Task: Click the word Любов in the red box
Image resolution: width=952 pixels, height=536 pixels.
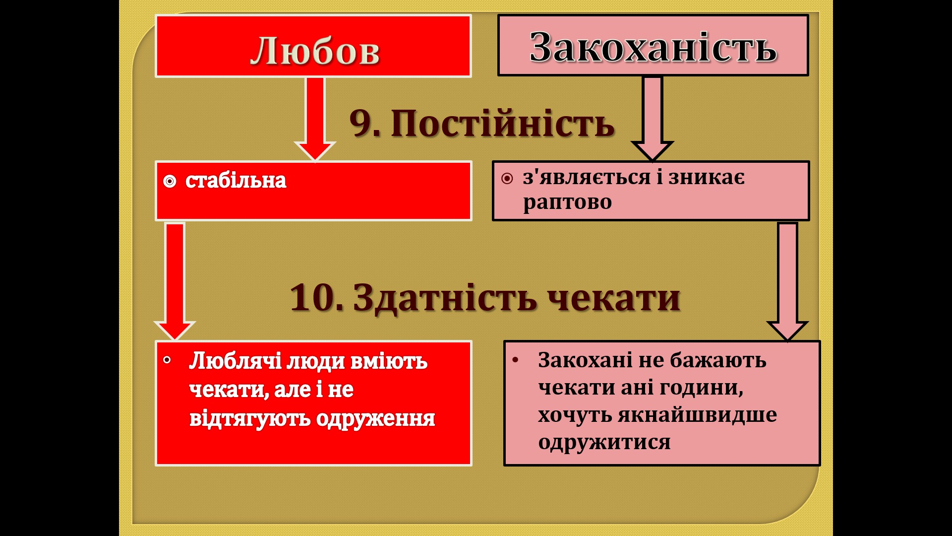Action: (x=315, y=51)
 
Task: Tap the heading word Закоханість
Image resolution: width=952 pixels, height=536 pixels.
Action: (x=653, y=47)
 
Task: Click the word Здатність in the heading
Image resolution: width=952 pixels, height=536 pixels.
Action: (x=445, y=298)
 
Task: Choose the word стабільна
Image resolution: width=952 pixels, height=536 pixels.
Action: (x=236, y=181)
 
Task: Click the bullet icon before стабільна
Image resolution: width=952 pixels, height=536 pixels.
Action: (x=170, y=182)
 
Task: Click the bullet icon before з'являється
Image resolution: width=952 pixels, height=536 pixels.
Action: (x=507, y=179)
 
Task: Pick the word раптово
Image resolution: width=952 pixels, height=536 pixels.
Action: (x=567, y=202)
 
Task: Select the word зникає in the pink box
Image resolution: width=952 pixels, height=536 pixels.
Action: (x=707, y=177)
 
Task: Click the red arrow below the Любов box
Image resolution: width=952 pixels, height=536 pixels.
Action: (x=315, y=119)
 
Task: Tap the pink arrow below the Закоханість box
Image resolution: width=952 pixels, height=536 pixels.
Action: (x=653, y=119)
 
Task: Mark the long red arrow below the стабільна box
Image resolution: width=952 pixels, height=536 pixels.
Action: (x=175, y=281)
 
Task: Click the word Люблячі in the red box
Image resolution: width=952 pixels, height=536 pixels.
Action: (x=235, y=361)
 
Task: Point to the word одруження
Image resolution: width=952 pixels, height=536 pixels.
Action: (x=375, y=418)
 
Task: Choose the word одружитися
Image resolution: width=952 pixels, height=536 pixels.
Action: (x=604, y=442)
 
